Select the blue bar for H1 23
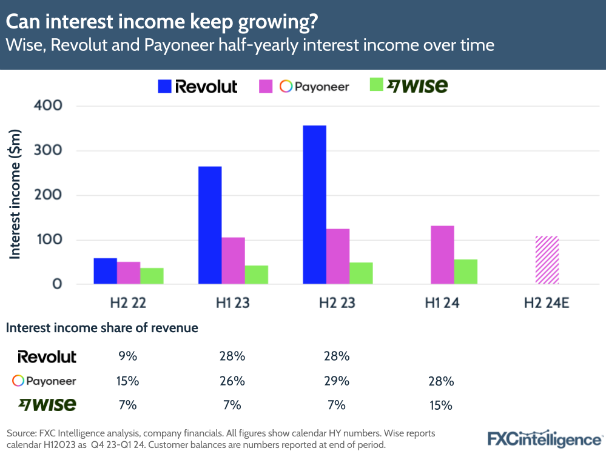click(x=210, y=225)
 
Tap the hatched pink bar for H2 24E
click(x=547, y=260)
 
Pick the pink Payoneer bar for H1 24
click(x=442, y=255)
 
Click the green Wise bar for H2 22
click(x=152, y=276)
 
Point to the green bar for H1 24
click(x=466, y=272)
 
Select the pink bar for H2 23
click(x=338, y=256)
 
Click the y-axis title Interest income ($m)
click(x=15, y=194)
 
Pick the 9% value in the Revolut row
click(x=128, y=356)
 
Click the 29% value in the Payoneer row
click(x=337, y=381)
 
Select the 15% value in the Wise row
click(x=442, y=405)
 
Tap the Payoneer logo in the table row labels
click(x=44, y=381)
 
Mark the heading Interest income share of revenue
click(x=102, y=329)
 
